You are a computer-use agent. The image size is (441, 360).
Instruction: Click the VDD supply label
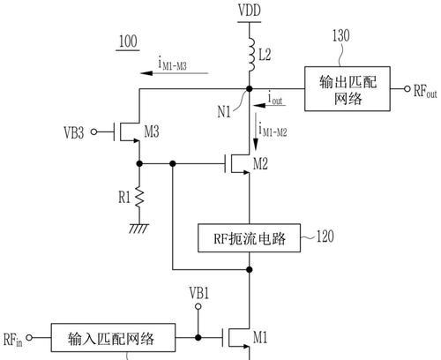[x=250, y=11]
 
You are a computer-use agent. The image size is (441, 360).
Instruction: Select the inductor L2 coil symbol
[x=251, y=55]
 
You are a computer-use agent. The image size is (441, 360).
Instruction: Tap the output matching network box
[x=348, y=89]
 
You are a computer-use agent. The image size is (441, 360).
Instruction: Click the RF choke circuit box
[x=250, y=238]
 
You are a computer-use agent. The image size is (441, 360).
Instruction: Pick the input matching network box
[x=113, y=338]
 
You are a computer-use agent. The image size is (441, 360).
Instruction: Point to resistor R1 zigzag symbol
[x=139, y=197]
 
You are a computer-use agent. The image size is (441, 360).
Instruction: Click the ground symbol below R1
[x=139, y=229]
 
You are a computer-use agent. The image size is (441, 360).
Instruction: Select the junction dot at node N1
[x=250, y=88]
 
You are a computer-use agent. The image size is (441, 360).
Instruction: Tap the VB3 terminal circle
[x=93, y=132]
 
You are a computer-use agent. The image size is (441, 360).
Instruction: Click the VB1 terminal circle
[x=198, y=307]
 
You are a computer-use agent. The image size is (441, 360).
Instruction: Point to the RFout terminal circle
[x=407, y=88]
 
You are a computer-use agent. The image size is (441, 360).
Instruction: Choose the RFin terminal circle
[x=29, y=338]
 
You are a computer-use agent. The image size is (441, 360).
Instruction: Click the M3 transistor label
[x=152, y=131]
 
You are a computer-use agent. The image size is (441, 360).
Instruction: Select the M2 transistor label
[x=260, y=163]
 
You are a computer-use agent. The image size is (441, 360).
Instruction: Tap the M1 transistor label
[x=260, y=337]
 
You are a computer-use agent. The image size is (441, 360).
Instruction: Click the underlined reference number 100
[x=128, y=41]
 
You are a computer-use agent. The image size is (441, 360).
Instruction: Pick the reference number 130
[x=341, y=35]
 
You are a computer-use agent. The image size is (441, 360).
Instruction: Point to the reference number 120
[x=325, y=236]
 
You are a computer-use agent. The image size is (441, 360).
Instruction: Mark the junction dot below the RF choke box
[x=250, y=269]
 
